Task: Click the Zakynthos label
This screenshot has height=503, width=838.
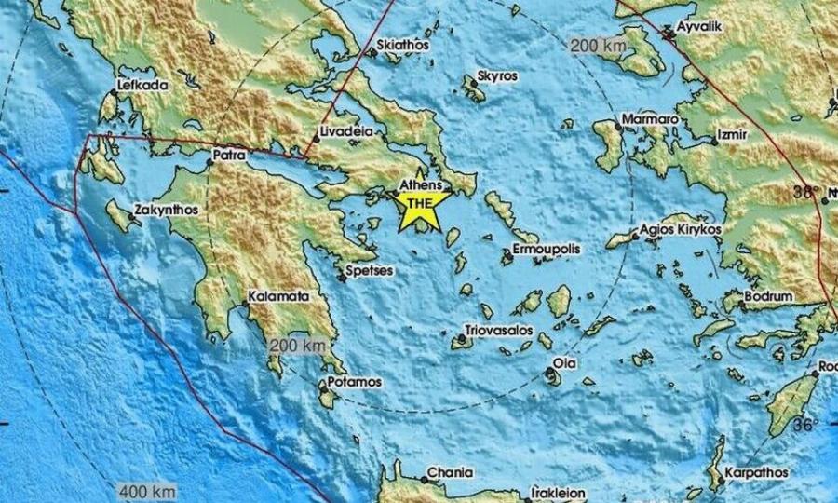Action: point(166,210)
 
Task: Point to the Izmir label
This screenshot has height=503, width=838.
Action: point(735,135)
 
